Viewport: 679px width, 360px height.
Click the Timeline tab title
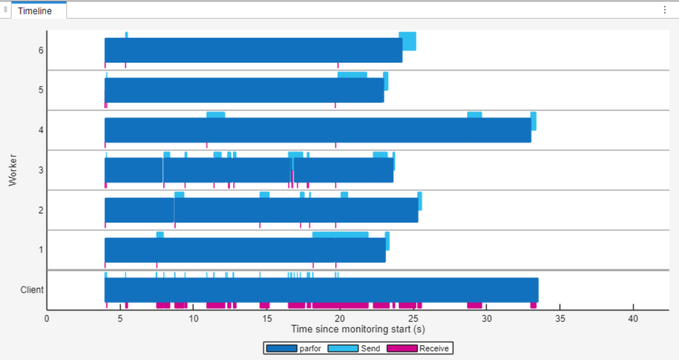coord(35,11)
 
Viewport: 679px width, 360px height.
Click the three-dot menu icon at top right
coord(664,10)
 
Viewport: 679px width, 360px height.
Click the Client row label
coord(32,290)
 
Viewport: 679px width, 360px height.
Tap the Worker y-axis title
coord(13,170)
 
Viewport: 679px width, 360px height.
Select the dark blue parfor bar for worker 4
coord(318,130)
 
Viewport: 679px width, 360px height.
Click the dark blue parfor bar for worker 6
coord(253,50)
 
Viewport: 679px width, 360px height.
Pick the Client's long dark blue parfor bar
coord(321,290)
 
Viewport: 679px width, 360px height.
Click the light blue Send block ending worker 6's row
coord(409,41)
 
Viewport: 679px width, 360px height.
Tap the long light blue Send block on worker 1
coord(340,235)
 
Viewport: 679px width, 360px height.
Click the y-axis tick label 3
coord(41,170)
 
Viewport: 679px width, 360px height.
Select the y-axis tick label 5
coord(41,90)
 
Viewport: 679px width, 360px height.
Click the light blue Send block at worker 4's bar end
coord(533,121)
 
